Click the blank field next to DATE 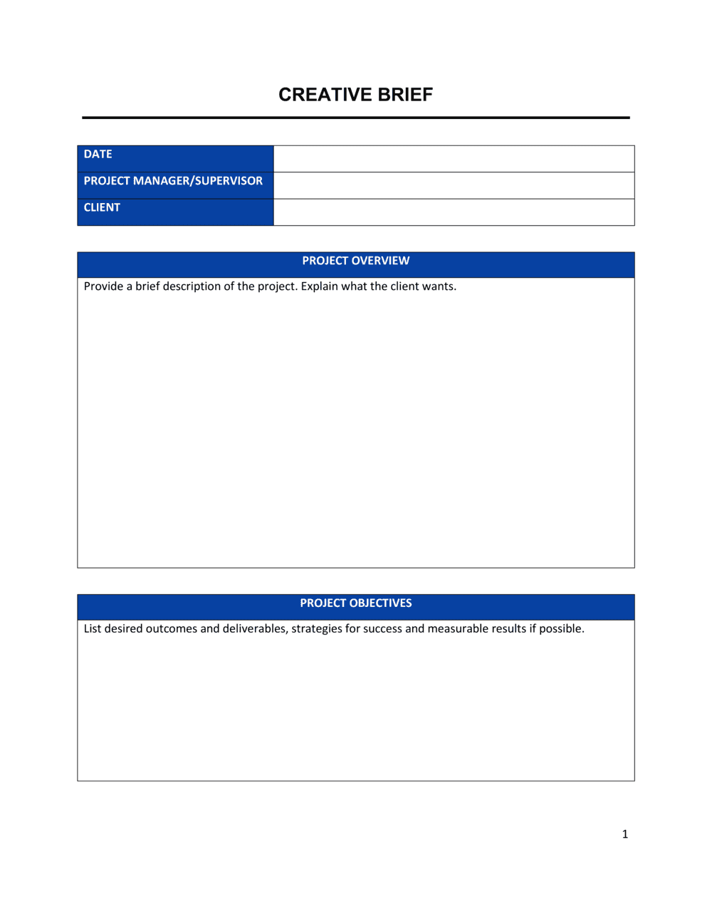pyautogui.click(x=454, y=159)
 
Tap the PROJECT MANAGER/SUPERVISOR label pyautogui.click(x=173, y=181)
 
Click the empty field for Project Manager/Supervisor pyautogui.click(x=454, y=185)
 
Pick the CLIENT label pyautogui.click(x=102, y=208)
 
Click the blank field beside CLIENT pyautogui.click(x=454, y=212)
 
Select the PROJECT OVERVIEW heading pyautogui.click(x=355, y=261)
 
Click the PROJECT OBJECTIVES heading pyautogui.click(x=355, y=603)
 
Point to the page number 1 pyautogui.click(x=625, y=834)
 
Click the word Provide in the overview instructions pyautogui.click(x=103, y=286)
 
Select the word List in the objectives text pyautogui.click(x=93, y=629)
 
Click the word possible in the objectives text pyautogui.click(x=561, y=629)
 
